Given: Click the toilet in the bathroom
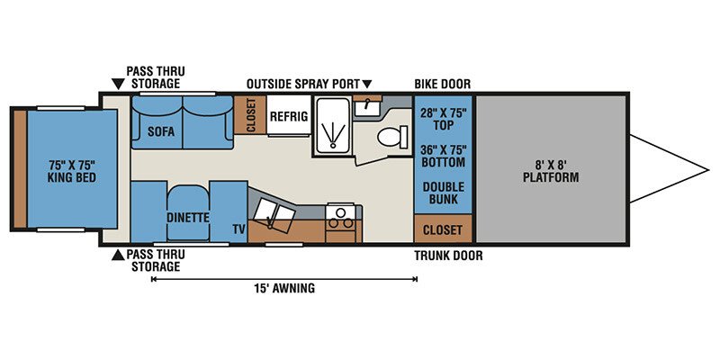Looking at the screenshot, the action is click(x=392, y=137).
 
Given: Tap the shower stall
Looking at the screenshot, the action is click(x=331, y=125).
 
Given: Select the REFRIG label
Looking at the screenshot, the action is click(x=289, y=116).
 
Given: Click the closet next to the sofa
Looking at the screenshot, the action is click(x=250, y=115).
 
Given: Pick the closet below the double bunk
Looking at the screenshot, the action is click(x=443, y=229).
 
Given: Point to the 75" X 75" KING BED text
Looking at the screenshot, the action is click(x=72, y=171).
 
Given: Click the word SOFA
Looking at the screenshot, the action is click(x=161, y=131).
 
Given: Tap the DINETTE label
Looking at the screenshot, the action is click(x=188, y=217).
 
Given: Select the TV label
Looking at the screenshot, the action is click(x=238, y=229).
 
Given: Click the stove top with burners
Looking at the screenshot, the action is click(x=341, y=219).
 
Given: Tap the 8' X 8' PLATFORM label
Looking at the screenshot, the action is click(x=551, y=170).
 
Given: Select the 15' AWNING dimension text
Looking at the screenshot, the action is click(x=285, y=288).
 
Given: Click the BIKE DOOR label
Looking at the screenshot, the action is click(x=443, y=84).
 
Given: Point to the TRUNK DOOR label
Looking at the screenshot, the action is click(x=448, y=256).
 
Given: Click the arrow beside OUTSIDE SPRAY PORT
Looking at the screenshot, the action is click(x=366, y=84).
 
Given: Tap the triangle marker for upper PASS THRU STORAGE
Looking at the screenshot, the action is click(x=118, y=84).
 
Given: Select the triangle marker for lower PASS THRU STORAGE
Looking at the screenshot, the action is click(x=118, y=256).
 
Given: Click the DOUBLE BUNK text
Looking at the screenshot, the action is click(x=444, y=193).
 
